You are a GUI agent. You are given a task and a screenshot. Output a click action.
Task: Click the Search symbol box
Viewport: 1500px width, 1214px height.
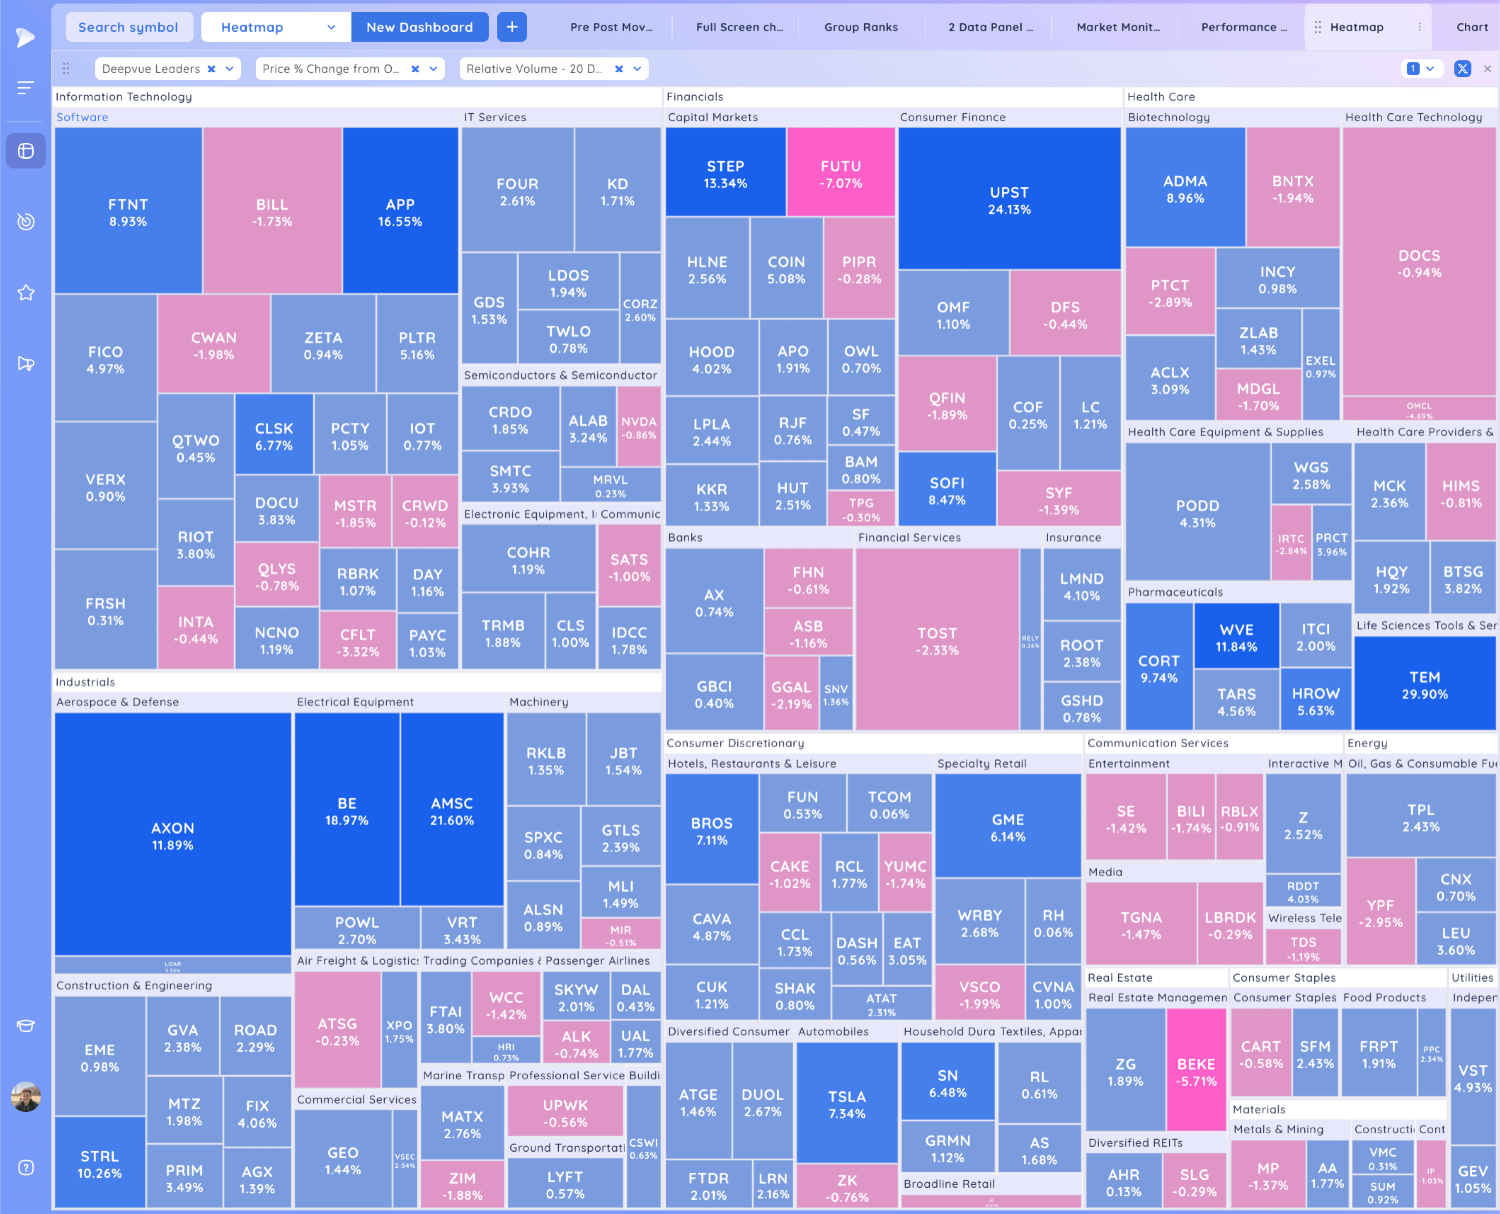[129, 27]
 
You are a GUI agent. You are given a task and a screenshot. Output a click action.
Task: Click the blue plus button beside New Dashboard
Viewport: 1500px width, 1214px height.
[511, 27]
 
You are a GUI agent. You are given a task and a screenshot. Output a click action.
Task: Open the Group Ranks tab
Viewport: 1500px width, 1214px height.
[861, 27]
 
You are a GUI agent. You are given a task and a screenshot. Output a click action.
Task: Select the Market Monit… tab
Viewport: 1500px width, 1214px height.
[1117, 27]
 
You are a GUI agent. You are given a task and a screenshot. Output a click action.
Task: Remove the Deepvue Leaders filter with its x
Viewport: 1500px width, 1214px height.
[211, 69]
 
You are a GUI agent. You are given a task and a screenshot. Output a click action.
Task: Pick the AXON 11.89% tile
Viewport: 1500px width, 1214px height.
[172, 836]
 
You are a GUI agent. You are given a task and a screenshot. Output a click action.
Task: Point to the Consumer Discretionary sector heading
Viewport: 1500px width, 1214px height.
[735, 743]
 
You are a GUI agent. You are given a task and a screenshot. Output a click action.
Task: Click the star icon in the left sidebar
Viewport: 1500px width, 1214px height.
[26, 292]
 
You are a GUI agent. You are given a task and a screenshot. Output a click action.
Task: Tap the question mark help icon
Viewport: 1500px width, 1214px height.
[26, 1167]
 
